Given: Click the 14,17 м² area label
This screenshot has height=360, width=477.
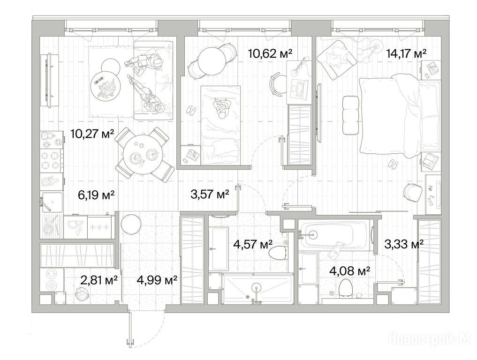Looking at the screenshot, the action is coord(406,53).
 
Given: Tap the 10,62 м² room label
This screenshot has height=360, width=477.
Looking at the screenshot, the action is coord(270,53).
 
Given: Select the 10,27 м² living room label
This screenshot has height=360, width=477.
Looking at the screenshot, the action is coord(92,133).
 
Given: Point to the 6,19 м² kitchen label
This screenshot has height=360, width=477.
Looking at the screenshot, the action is coord(96,195).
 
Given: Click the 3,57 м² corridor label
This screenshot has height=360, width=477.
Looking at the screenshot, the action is coord(210,194).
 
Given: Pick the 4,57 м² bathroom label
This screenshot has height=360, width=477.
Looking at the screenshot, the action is coord(252,244).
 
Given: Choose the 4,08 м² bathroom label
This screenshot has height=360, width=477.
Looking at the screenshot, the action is coord(350,270).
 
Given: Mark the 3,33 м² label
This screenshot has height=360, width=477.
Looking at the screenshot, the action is coord(404,244).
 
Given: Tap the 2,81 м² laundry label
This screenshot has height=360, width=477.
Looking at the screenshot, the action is coord(99,280).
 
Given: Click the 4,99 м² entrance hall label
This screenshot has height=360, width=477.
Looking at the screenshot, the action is coord(157,280).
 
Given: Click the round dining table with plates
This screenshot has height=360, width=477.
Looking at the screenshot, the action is coord(144,155).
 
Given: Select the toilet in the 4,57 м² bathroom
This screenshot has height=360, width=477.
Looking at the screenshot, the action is coord(278,252).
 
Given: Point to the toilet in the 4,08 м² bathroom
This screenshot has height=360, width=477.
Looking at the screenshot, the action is coord(345,287).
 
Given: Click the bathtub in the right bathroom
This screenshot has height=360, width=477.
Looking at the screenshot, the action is coord(334,235).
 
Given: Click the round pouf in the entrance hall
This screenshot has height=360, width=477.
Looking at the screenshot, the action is coord(131,224).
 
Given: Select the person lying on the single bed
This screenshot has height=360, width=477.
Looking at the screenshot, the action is coord(222,108).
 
